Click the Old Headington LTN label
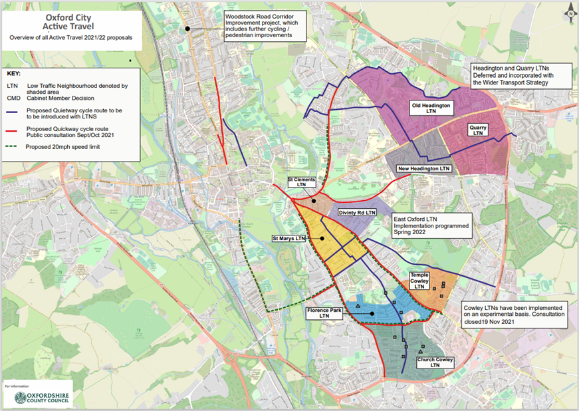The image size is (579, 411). pos(431,108)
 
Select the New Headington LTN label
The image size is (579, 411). pos(423,169)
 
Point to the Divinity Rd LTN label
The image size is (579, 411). pos(356,212)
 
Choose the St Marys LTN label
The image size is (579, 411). pos(290,237)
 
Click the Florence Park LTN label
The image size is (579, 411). pos(324,313)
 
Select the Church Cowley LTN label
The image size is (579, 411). pos(435,362)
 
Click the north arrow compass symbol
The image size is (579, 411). pos(569,12)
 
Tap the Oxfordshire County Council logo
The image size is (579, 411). pos(43,398)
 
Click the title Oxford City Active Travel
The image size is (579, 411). pos(70,21)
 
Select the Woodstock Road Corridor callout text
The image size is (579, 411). pos(257,25)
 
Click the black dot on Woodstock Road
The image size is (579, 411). pos(188,29)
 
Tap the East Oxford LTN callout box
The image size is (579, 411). pos(431,225)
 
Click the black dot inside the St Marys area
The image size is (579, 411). pos(321,237)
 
